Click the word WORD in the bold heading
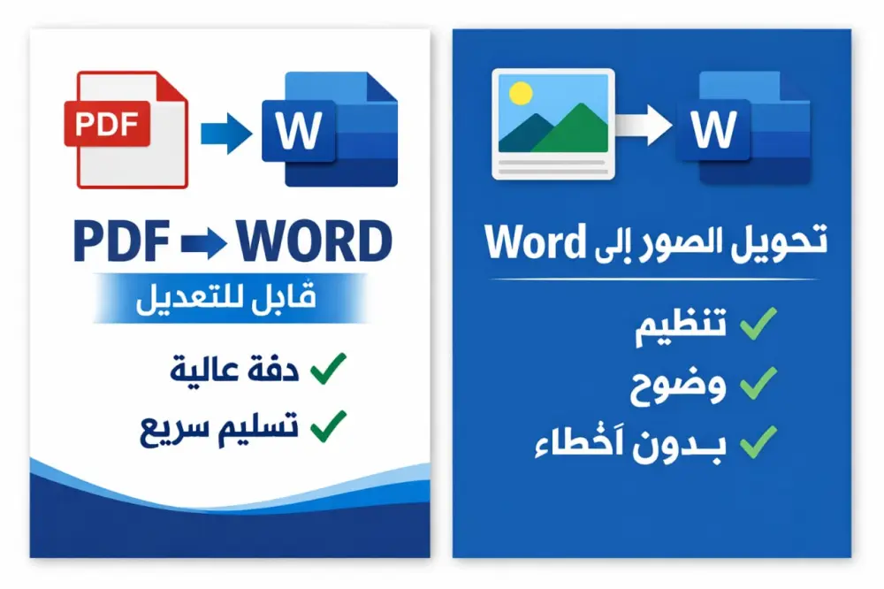315,241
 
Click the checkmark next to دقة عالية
328,368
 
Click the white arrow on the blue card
644,125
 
